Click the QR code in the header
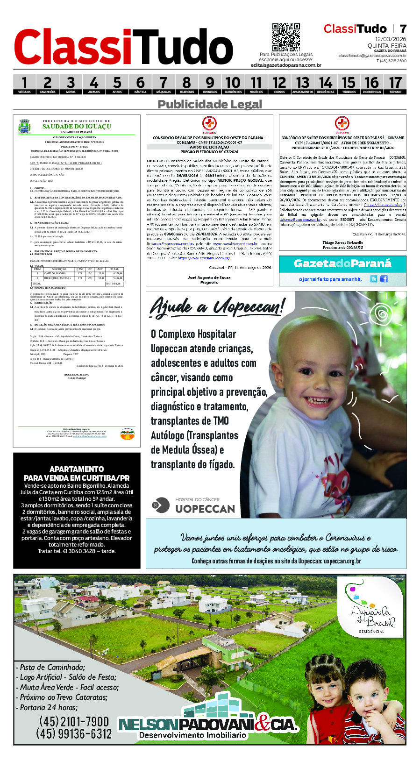[x=285, y=37]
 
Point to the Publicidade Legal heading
[x=210, y=104]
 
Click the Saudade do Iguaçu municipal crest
[x=24, y=127]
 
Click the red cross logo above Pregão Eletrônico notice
[x=209, y=124]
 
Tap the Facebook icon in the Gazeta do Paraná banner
[x=384, y=279]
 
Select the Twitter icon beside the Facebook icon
[x=374, y=279]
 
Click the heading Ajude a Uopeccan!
[x=217, y=307]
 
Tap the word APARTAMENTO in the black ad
[x=77, y=469]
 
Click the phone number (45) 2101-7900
[x=74, y=722]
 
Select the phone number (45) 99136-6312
[x=74, y=734]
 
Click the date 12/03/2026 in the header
[x=391, y=39]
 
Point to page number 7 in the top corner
[x=403, y=28]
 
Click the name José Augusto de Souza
[x=209, y=277]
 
